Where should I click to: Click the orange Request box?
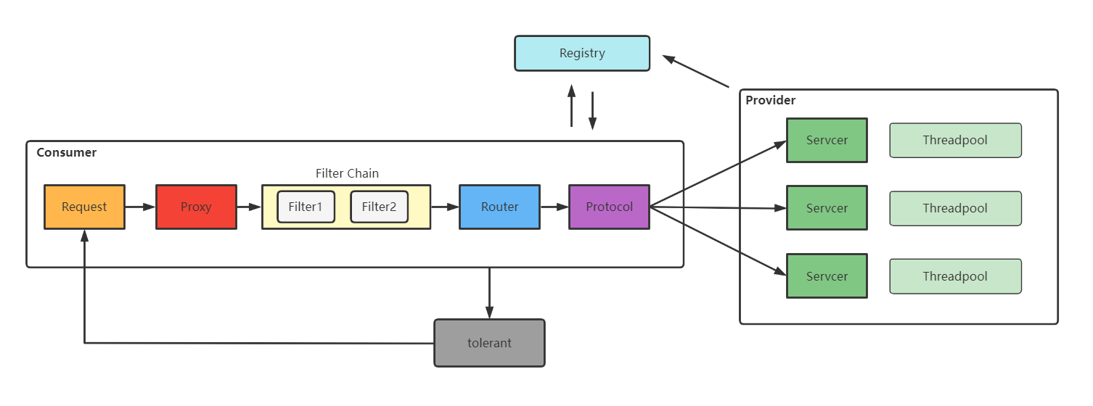click(84, 207)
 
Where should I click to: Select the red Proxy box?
click(196, 207)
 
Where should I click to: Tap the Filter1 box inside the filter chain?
click(306, 207)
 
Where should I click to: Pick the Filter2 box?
click(379, 207)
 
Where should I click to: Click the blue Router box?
click(499, 207)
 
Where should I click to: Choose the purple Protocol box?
click(609, 207)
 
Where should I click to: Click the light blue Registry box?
click(582, 53)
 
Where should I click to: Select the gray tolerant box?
click(489, 343)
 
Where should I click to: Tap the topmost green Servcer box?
click(827, 140)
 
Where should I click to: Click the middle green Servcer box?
click(827, 208)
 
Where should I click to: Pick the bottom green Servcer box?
click(827, 276)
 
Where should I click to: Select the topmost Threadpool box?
click(955, 140)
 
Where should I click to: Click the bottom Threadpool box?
click(955, 276)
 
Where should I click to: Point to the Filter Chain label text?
click(347, 173)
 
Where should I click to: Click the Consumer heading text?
click(66, 152)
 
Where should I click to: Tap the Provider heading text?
click(770, 100)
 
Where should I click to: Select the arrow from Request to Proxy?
click(140, 207)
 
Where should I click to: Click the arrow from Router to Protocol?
click(554, 207)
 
